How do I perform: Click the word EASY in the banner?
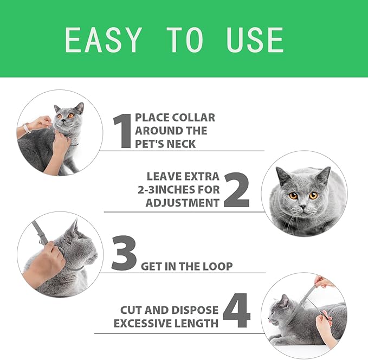(104, 40)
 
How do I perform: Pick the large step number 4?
(236, 311)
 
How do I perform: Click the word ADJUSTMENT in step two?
(183, 203)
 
